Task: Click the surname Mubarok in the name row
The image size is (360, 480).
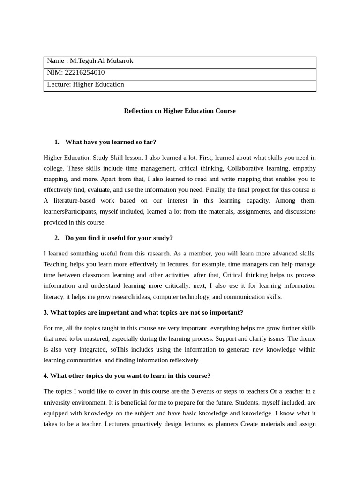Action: tap(120, 61)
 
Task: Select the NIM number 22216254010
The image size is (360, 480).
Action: tap(84, 73)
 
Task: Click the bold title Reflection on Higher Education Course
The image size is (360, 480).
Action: tap(180, 111)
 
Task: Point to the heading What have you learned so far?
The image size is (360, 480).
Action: tap(111, 142)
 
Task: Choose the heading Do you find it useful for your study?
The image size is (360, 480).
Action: tap(119, 238)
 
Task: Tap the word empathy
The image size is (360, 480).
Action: tap(304, 168)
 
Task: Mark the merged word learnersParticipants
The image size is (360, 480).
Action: tap(70, 212)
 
